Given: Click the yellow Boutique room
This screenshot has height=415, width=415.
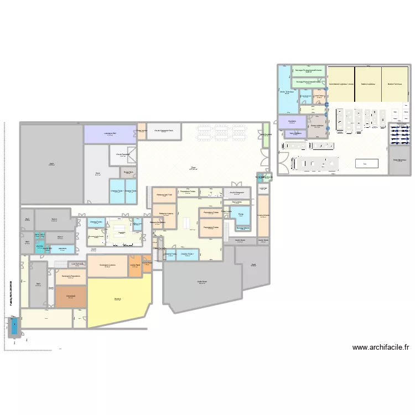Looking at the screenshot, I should click(118, 302).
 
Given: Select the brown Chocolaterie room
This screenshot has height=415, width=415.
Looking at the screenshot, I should click(70, 297).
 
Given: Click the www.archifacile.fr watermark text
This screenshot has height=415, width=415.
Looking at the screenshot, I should click(380, 347).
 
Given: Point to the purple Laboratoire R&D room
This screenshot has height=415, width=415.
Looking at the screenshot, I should click(110, 134).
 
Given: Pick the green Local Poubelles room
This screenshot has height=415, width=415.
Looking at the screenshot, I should click(266, 136).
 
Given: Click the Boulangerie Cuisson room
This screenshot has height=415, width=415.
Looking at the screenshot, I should click(108, 266).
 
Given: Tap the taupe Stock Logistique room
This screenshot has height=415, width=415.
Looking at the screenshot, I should click(317, 126).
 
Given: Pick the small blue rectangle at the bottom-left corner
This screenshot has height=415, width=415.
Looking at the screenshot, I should click(14, 327).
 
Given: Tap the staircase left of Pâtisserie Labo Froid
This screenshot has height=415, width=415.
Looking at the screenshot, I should click(148, 196).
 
